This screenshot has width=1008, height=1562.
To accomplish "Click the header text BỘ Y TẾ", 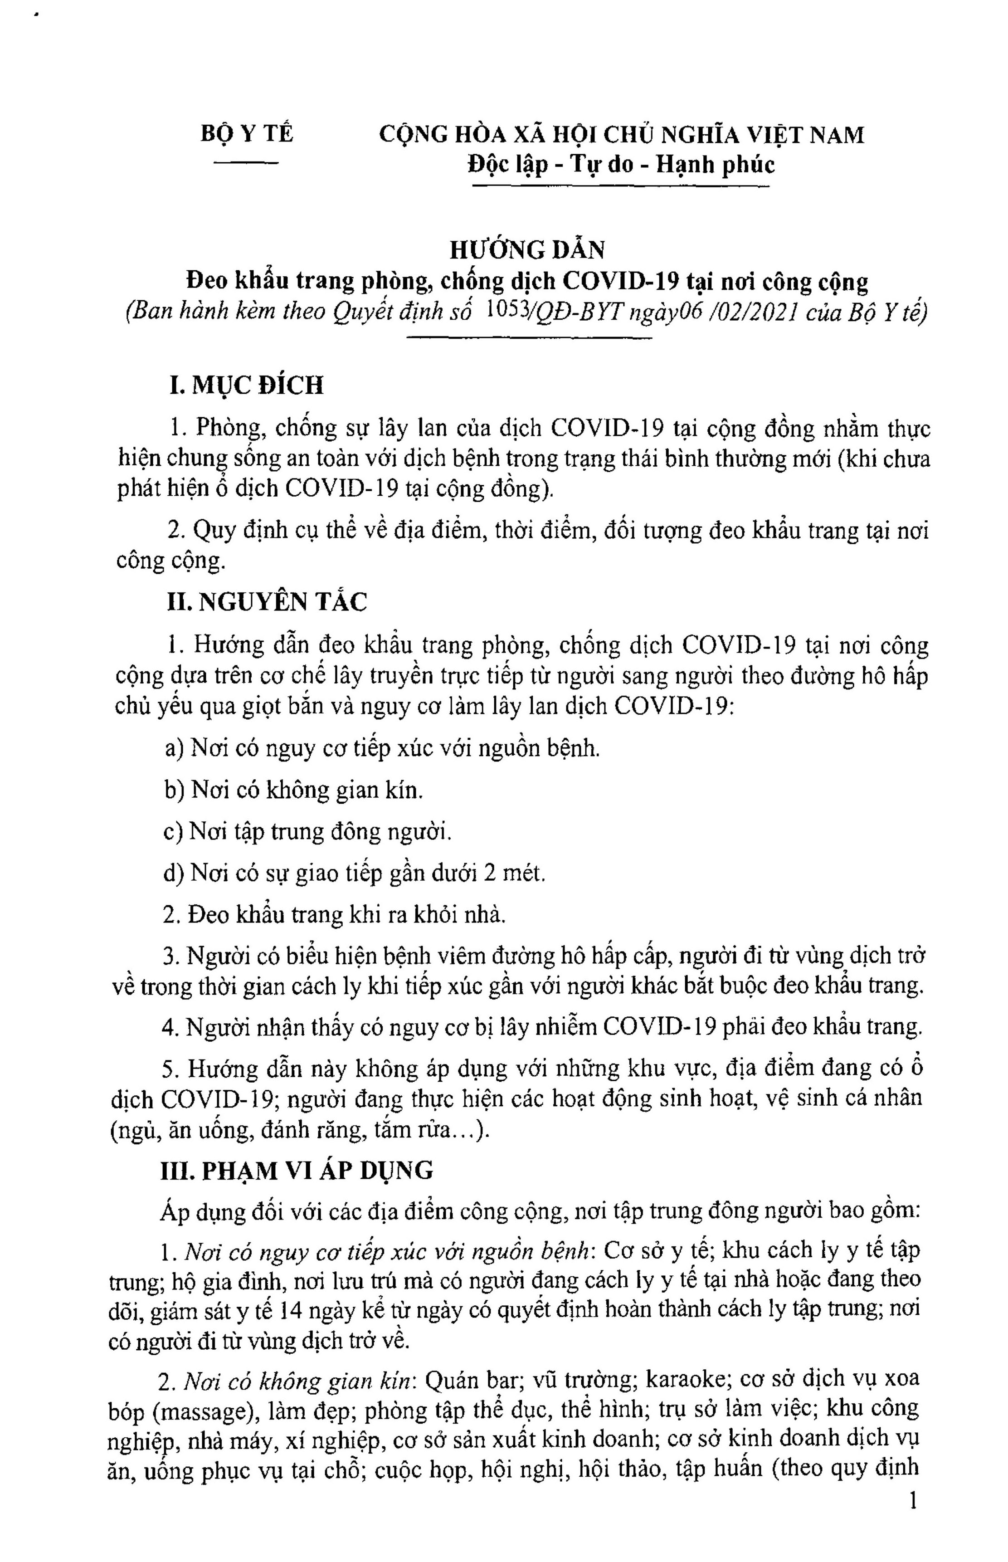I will [247, 134].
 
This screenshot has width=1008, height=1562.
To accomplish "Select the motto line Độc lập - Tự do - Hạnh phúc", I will [620, 164].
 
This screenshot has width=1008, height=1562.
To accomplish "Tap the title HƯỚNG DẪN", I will [527, 249].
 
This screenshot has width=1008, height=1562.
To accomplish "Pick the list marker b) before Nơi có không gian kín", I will [174, 791].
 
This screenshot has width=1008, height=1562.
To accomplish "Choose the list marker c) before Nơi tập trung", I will [174, 833].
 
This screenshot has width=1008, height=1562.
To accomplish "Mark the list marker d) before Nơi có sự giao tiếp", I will [174, 874].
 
